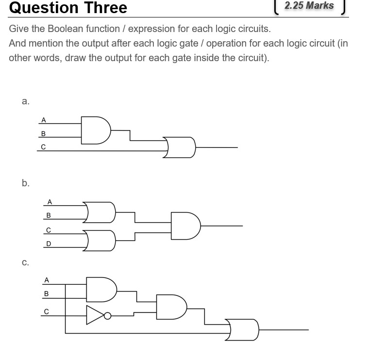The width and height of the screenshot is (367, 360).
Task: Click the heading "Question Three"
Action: coord(68,8)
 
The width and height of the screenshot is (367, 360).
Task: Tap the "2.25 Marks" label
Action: coord(309,6)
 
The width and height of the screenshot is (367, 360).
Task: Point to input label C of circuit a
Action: coord(43,147)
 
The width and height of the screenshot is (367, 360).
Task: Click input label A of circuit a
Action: coord(44,119)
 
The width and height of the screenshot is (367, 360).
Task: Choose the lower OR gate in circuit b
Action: coord(100,240)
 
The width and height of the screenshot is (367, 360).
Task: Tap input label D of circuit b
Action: coord(49,244)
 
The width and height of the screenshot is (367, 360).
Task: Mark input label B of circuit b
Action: coord(49,215)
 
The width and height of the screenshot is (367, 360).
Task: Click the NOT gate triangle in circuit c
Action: coord(95,315)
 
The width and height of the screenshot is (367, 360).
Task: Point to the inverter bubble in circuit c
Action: coord(108,316)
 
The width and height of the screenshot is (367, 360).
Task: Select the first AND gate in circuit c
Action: coord(101,288)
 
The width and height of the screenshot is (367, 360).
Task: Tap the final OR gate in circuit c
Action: coord(244,330)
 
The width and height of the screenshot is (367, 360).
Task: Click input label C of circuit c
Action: coord(47,311)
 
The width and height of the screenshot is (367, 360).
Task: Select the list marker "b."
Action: coord(26,183)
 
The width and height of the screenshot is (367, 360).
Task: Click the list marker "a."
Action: coord(26,101)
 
